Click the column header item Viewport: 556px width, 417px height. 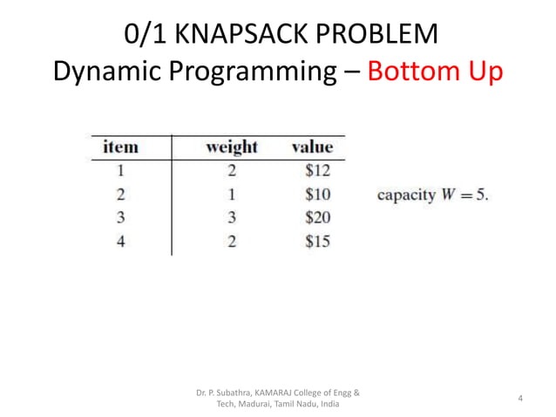(x=120, y=147)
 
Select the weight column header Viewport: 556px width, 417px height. (x=231, y=147)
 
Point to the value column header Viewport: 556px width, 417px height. (x=311, y=147)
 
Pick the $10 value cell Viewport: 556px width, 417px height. (x=317, y=194)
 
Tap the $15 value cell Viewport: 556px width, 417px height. (x=317, y=241)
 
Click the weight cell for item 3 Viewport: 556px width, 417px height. (x=232, y=217)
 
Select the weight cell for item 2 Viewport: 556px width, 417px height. (x=232, y=194)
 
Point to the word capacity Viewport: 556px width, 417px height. (x=405, y=195)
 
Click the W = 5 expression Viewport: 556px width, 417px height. (x=464, y=195)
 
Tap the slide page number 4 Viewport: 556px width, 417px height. (x=520, y=400)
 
